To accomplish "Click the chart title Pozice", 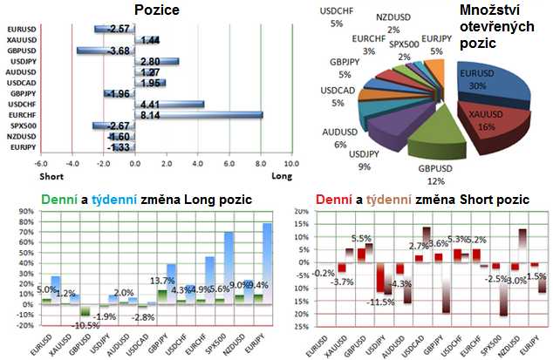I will pyautogui.click(x=159, y=10).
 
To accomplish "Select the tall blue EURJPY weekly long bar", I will pyautogui.click(x=265, y=262).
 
